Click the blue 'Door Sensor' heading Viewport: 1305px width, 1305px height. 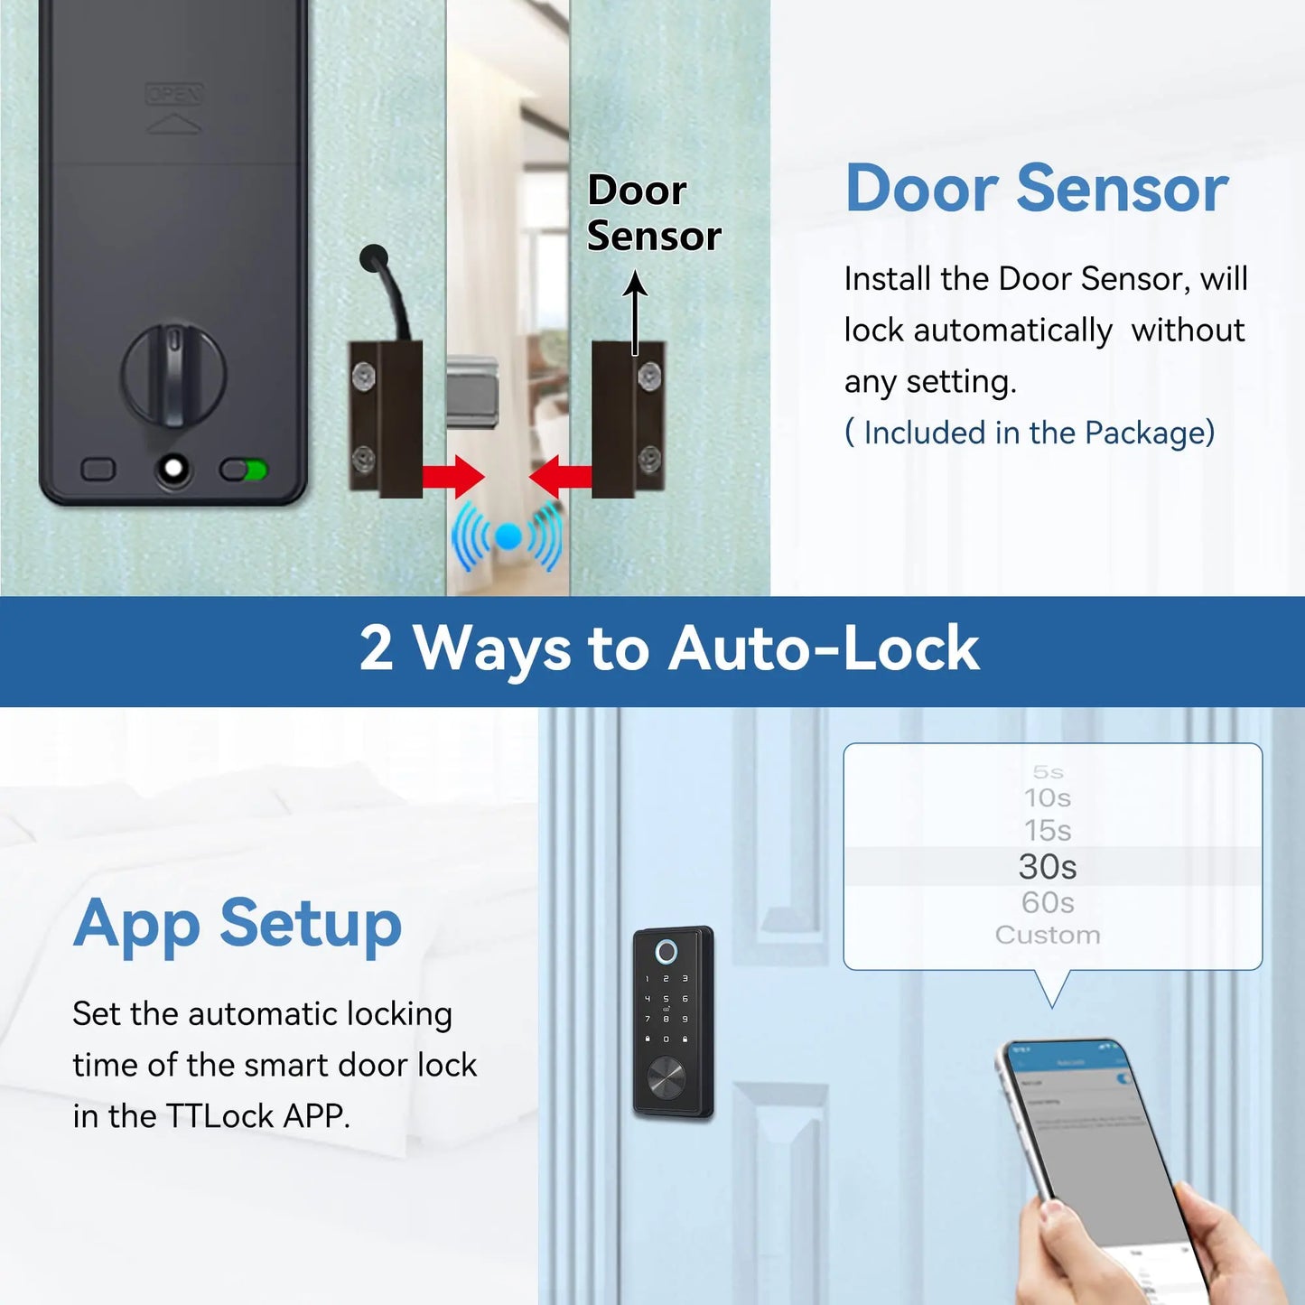point(1036,189)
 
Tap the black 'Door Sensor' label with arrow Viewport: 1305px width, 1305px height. point(653,213)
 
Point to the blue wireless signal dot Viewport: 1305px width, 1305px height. point(508,537)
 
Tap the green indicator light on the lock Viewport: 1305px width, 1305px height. point(256,470)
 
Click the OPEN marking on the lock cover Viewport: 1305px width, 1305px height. point(174,95)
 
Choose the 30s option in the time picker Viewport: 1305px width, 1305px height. point(1048,866)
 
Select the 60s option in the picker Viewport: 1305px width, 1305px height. point(1048,902)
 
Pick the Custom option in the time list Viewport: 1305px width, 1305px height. point(1048,935)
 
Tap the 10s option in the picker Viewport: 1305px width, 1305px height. point(1048,797)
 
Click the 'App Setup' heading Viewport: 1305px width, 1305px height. point(238,924)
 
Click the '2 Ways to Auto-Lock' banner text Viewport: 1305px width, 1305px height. point(668,648)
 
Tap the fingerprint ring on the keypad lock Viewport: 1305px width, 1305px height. point(666,952)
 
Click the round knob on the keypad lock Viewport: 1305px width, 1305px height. point(666,1078)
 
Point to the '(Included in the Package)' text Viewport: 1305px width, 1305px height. point(1030,433)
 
